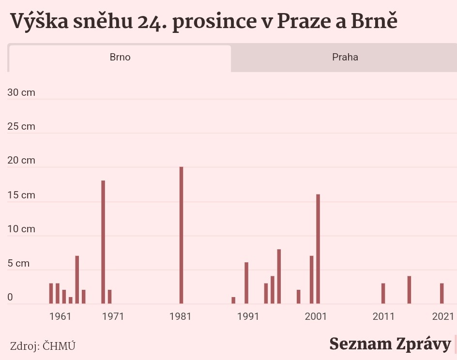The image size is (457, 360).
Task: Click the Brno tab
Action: (120, 58)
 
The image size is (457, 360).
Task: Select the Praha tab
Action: (345, 58)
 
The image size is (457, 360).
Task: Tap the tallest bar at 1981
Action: (181, 235)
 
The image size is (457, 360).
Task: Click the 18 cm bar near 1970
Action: (103, 242)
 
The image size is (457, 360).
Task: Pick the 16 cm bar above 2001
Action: (318, 249)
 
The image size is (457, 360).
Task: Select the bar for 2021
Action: (442, 294)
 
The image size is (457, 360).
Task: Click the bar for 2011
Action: (383, 294)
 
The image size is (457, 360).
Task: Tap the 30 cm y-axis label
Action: (21, 92)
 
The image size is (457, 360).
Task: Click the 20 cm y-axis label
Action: (21, 161)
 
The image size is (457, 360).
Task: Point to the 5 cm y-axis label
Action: (19, 264)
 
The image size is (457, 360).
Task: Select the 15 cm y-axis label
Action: (21, 195)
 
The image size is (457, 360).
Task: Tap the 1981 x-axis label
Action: (181, 317)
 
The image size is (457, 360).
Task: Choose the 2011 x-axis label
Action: (383, 317)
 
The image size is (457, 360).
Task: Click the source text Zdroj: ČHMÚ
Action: (43, 346)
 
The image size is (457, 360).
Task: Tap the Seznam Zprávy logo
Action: (390, 344)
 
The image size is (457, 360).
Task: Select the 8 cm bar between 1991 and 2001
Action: (279, 276)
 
